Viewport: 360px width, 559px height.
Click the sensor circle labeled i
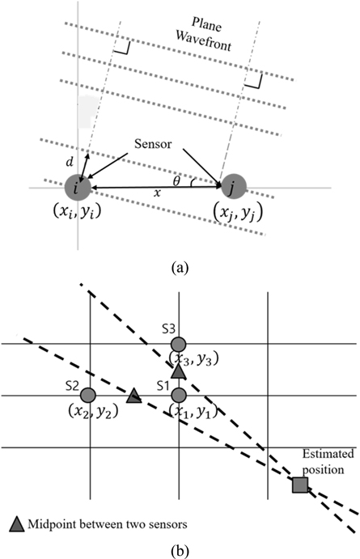[78, 188]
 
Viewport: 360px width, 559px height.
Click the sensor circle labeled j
[234, 186]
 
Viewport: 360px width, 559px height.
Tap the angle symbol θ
[176, 181]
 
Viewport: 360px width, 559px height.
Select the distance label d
[70, 162]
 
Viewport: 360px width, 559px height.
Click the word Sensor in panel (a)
[153, 144]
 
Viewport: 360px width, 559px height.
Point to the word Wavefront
[204, 41]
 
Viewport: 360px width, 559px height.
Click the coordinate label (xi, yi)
[77, 212]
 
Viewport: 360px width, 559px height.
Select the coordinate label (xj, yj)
[238, 213]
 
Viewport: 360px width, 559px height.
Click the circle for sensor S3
[179, 345]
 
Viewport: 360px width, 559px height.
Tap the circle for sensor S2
[88, 395]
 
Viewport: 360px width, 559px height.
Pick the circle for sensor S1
[179, 395]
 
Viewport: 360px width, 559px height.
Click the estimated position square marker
[300, 485]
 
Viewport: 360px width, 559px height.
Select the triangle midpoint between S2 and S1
[134, 396]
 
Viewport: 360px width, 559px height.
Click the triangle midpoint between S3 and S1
[179, 371]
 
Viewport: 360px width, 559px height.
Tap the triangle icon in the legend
[16, 524]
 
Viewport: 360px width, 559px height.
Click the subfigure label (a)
[180, 267]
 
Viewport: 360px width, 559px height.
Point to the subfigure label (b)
[180, 553]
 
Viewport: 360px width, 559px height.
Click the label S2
[72, 387]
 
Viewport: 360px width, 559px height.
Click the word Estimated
[328, 454]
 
